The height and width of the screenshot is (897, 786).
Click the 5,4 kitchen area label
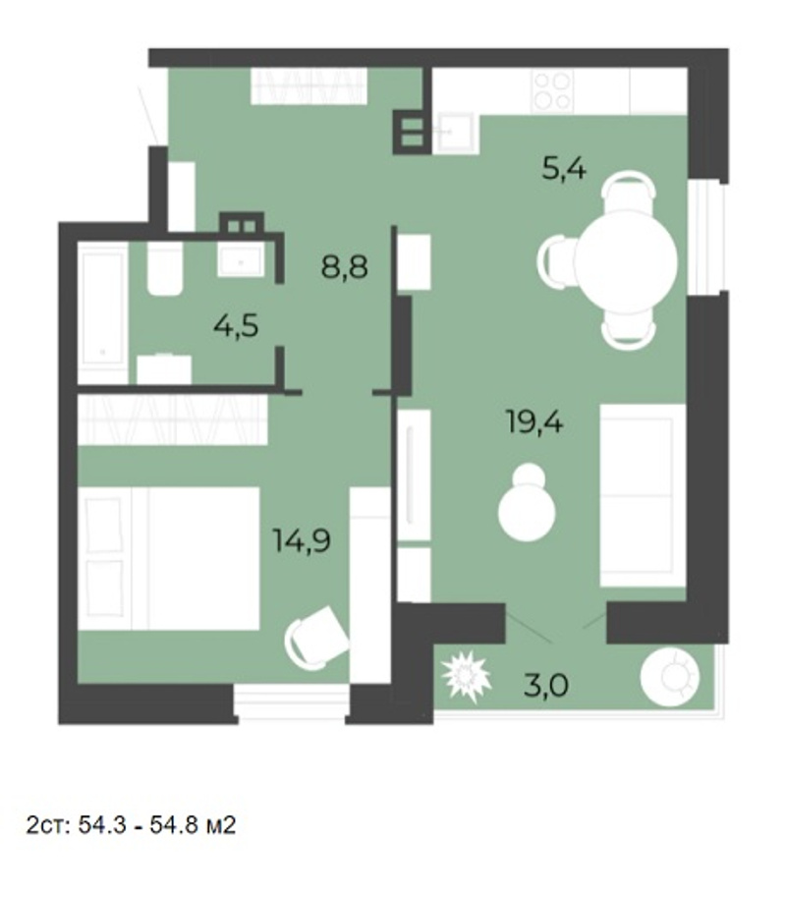tap(564, 169)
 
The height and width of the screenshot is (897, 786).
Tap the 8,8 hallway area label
tap(345, 266)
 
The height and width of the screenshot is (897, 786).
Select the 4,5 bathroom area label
tap(236, 326)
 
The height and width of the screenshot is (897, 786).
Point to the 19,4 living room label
tap(534, 422)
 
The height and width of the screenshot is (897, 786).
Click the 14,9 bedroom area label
tap(302, 540)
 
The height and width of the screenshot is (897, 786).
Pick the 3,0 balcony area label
tap(546, 685)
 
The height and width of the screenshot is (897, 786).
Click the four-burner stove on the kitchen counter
tap(552, 91)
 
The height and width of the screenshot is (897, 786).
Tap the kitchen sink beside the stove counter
tap(455, 133)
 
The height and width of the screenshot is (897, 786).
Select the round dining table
tap(626, 261)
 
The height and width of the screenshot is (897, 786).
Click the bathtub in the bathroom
tap(103, 312)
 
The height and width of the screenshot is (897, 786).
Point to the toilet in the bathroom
tap(165, 268)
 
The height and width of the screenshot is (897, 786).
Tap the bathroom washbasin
tap(241, 259)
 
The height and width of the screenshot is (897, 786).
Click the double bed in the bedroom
tap(169, 558)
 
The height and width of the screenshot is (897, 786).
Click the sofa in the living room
tap(643, 495)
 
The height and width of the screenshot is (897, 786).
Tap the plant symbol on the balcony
tap(467, 677)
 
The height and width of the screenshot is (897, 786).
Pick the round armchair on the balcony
tap(670, 677)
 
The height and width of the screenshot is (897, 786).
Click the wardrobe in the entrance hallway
tap(309, 86)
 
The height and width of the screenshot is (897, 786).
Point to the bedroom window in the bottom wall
tap(291, 702)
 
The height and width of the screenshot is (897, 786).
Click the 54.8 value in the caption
tap(172, 825)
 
